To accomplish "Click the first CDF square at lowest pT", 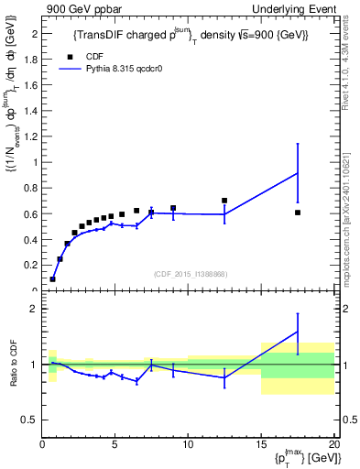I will (x=52, y=278).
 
